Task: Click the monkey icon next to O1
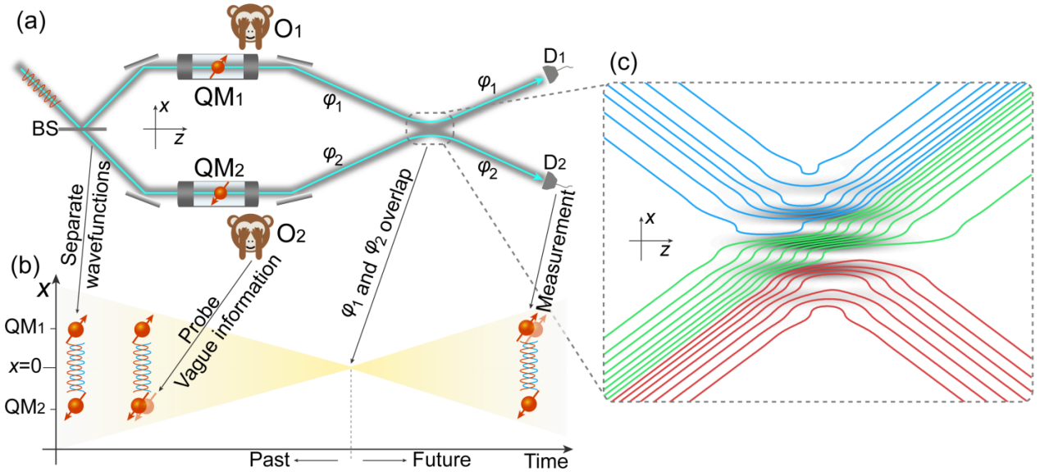point(250,26)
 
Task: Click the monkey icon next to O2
point(251,235)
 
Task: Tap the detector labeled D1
point(551,74)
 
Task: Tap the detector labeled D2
point(551,181)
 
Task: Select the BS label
point(45,129)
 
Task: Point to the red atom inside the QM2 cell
point(220,193)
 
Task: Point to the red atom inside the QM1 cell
point(218,66)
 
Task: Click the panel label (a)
point(31,22)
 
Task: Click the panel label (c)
point(623,62)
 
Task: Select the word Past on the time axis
point(269,460)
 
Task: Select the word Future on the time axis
point(441,460)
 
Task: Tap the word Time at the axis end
point(546,461)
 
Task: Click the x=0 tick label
point(25,367)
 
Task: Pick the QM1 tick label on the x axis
point(25,327)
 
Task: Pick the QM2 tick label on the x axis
point(25,407)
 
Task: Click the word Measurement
point(556,251)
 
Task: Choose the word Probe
point(198,320)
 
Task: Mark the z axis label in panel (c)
point(665,251)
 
